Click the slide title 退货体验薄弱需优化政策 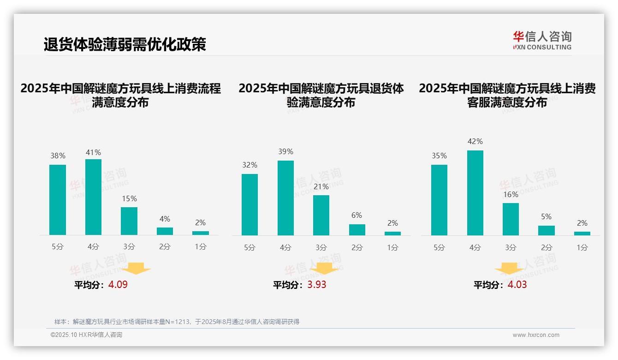coord(125,44)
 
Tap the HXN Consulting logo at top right coord(542,40)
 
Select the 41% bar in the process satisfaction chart coord(93,197)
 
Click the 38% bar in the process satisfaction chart coord(58,200)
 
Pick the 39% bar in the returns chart coord(285,198)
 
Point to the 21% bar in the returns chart coord(321,215)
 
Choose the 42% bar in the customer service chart coord(475,193)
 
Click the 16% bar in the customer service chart coord(511,219)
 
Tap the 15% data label coord(129,199)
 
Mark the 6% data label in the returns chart coord(357,216)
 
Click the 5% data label coord(546,217)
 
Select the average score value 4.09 coord(118,285)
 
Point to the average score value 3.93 coord(317,285)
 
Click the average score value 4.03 coord(517,285)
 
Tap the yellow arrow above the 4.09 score coord(136,268)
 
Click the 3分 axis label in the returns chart coord(321,248)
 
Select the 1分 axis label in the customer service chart coord(582,248)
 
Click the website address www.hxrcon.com coord(536,335)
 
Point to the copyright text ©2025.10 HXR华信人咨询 coord(86,335)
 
